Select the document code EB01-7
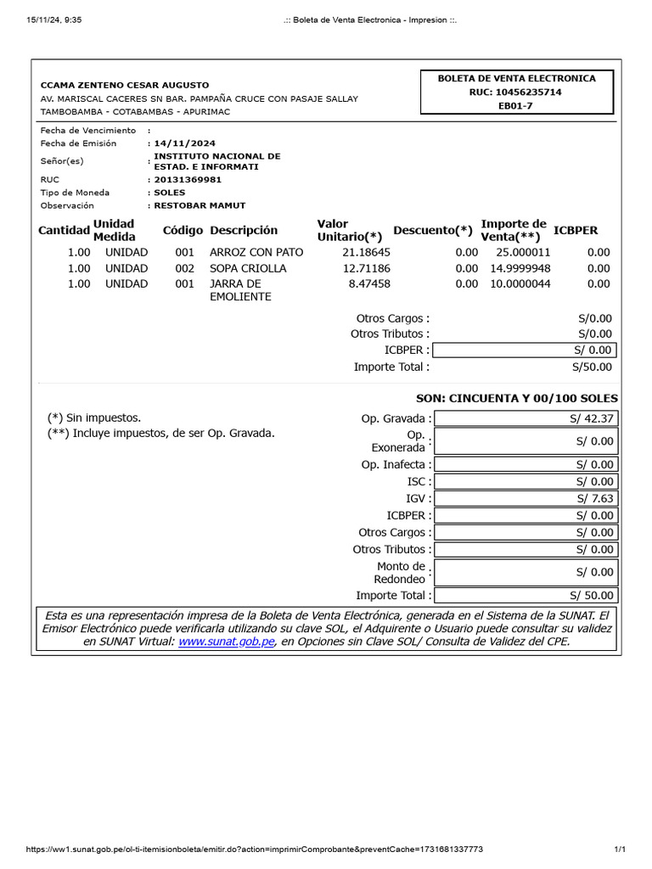coord(516,107)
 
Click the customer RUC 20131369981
coord(187,180)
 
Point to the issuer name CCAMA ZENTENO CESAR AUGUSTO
coord(125,86)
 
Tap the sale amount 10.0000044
coord(520,283)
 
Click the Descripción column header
coord(244,230)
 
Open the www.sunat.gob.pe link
coord(227,642)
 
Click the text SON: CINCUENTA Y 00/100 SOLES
coord(516,398)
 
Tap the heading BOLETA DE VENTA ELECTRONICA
coord(516,78)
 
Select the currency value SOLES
coord(169,193)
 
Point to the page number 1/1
coord(619,849)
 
